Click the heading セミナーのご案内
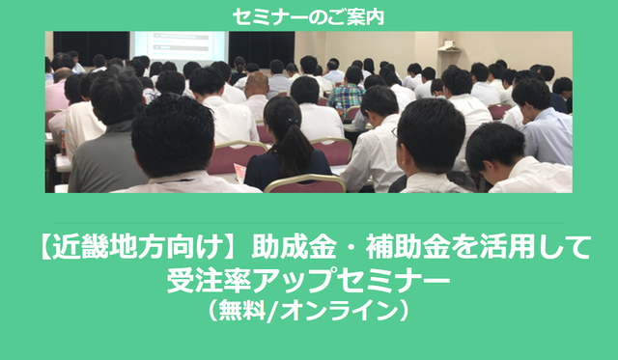click(308, 14)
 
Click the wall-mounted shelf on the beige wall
click(447, 44)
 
